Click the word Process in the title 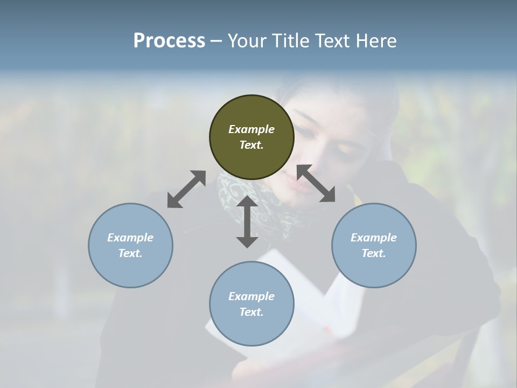tap(169, 41)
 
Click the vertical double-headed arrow tap(247, 221)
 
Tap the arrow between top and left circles tap(186, 189)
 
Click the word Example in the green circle tap(251, 129)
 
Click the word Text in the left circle tap(130, 253)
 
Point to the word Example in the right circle tap(374, 238)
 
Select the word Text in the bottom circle tap(251, 312)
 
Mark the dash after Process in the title tap(216, 41)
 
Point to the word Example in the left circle tap(130, 238)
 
